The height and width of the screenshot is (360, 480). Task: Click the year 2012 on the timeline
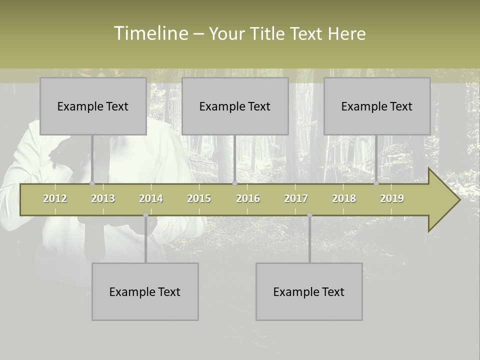(55, 198)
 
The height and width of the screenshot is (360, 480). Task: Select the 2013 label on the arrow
(103, 198)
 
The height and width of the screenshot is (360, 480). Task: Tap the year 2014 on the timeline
(151, 198)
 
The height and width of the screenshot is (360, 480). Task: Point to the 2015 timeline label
(199, 198)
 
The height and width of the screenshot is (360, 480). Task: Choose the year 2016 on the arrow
(248, 198)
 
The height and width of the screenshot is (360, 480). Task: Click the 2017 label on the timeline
(296, 198)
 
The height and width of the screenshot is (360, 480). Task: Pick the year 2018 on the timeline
(344, 198)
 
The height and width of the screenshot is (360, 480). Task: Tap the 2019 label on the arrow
(392, 198)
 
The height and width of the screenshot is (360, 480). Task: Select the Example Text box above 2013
(93, 106)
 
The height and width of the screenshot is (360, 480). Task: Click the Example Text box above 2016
(235, 106)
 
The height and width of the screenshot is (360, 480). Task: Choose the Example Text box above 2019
(377, 106)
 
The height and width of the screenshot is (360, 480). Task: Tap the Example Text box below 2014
(145, 291)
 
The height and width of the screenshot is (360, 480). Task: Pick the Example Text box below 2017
(309, 291)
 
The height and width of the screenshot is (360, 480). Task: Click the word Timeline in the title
(150, 33)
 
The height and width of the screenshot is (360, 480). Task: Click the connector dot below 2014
(145, 215)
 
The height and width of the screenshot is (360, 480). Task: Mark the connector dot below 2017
(309, 215)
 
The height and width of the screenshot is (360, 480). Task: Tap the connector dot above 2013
(92, 183)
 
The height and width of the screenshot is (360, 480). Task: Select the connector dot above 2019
(376, 183)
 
